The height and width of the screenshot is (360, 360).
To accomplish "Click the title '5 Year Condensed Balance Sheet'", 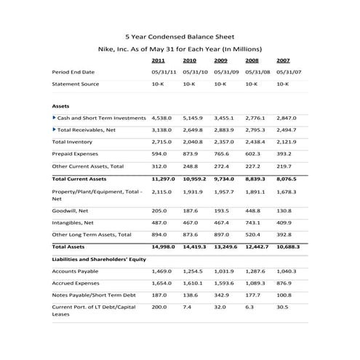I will [180, 35].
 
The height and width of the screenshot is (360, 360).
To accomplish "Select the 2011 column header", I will [158, 60].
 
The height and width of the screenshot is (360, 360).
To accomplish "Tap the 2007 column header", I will [283, 60].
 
